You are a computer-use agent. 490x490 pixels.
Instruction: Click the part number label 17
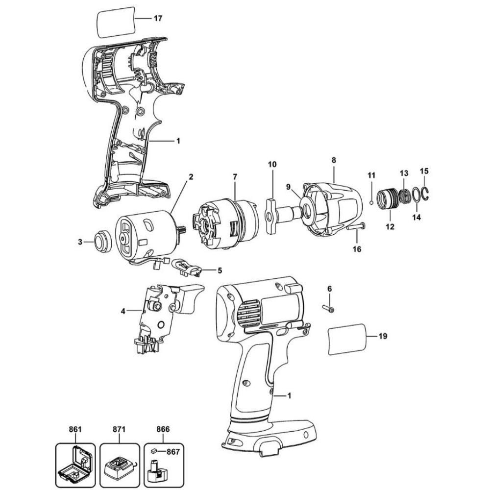point(158,19)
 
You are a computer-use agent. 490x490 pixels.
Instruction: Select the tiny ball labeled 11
point(372,201)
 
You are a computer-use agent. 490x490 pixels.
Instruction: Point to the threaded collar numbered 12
point(390,201)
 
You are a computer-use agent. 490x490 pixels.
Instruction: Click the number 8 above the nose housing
point(333,160)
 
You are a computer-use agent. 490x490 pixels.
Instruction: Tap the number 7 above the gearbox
point(235,175)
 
